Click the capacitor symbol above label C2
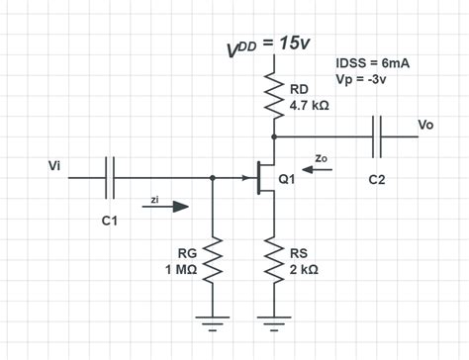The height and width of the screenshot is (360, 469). [x=379, y=136]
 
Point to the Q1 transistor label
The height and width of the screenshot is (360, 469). [x=288, y=180]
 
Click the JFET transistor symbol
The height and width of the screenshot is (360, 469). [x=262, y=179]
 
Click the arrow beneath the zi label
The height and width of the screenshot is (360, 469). [x=167, y=208]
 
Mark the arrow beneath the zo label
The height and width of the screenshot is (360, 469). [x=320, y=169]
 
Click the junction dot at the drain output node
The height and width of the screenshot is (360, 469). [x=273, y=136]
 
